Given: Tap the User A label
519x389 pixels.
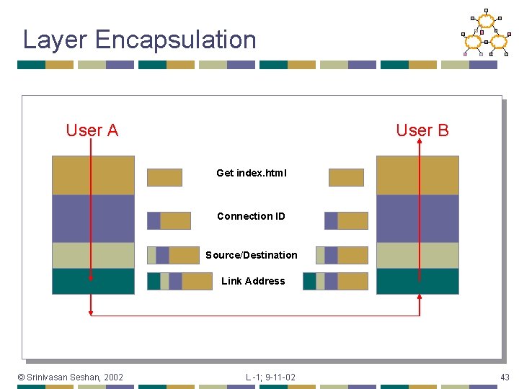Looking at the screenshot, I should pos(92,130).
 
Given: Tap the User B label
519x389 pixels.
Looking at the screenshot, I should pos(422,130).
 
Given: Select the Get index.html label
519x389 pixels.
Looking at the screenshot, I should pos(252,173).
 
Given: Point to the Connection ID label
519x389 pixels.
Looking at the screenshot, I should pos(251,216).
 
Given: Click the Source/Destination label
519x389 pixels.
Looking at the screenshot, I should pos(251,255).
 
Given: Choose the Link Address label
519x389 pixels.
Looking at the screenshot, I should pos(253,281).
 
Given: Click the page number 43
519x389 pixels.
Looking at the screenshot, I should pos(505,377).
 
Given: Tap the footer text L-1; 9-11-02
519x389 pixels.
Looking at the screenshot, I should pos(270,377).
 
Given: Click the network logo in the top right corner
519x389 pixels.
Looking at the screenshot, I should pos(485,33).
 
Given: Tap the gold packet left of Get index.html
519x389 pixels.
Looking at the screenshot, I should pos(164,177).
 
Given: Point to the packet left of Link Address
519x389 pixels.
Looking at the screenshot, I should pos(179,281).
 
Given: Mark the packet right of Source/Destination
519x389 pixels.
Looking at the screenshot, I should pos(342,255).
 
